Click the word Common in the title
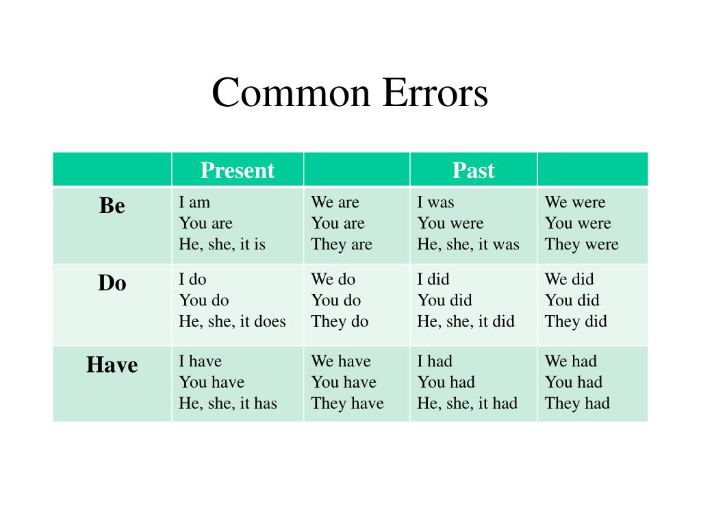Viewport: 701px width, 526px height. click(290, 93)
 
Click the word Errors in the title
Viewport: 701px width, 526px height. click(435, 93)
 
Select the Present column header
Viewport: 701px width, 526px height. click(237, 170)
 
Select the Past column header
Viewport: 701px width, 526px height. click(473, 170)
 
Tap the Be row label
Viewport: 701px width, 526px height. click(112, 205)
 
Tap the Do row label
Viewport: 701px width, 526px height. click(112, 283)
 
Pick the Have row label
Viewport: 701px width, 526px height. click(112, 365)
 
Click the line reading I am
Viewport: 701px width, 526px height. click(194, 202)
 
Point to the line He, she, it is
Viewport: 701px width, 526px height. click(222, 245)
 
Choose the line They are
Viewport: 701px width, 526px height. click(342, 245)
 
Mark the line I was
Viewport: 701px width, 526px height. click(435, 202)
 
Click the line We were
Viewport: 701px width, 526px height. click(575, 202)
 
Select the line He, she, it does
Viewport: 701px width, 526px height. click(232, 321)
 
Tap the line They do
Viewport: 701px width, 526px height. click(340, 321)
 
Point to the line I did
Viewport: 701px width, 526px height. click(433, 279)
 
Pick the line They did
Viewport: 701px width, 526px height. click(576, 321)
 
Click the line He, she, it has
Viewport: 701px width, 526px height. click(228, 403)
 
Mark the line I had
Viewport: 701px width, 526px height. click(435, 361)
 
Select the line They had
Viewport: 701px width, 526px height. click(577, 403)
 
